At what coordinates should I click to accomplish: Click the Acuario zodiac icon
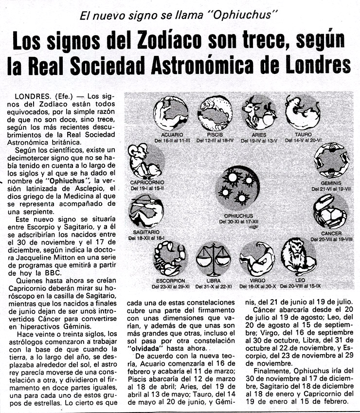pos(171,113)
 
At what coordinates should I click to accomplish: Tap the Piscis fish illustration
pos(215,112)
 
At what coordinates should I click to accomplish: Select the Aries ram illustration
pos(259,113)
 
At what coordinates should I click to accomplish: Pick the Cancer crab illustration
pos(330,211)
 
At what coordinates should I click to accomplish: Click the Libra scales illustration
pos(213,258)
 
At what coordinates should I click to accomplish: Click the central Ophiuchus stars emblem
pos(238,188)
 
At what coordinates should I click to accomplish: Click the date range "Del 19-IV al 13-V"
pos(259,141)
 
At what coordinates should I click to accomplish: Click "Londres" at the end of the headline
pos(315,66)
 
